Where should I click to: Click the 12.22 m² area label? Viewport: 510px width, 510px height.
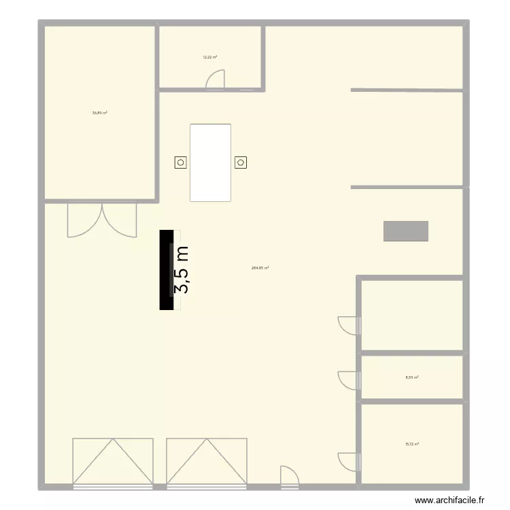[209, 57]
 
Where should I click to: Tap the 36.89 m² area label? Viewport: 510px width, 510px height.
[100, 113]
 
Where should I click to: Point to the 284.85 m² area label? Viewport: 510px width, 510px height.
[260, 268]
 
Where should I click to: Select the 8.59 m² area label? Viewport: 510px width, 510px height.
[411, 377]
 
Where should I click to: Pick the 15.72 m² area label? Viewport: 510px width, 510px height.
[411, 444]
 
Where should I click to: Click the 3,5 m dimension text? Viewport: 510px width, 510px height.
[182, 270]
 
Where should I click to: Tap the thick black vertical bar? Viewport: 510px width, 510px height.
[165, 270]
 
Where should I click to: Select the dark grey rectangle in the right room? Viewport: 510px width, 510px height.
[406, 231]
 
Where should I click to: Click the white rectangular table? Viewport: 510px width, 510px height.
[210, 163]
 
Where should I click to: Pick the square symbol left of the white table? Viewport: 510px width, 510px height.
[180, 163]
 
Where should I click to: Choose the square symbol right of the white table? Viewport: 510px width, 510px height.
[241, 163]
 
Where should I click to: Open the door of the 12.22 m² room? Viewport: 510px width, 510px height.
[215, 81]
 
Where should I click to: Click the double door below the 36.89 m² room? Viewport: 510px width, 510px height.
[102, 219]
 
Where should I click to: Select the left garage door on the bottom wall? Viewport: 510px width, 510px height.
[112, 462]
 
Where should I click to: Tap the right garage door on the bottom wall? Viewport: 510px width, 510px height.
[206, 462]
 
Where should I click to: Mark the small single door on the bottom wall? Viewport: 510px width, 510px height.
[289, 477]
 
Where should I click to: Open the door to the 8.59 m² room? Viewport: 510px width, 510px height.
[348, 380]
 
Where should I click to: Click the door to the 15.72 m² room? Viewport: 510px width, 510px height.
[348, 460]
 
